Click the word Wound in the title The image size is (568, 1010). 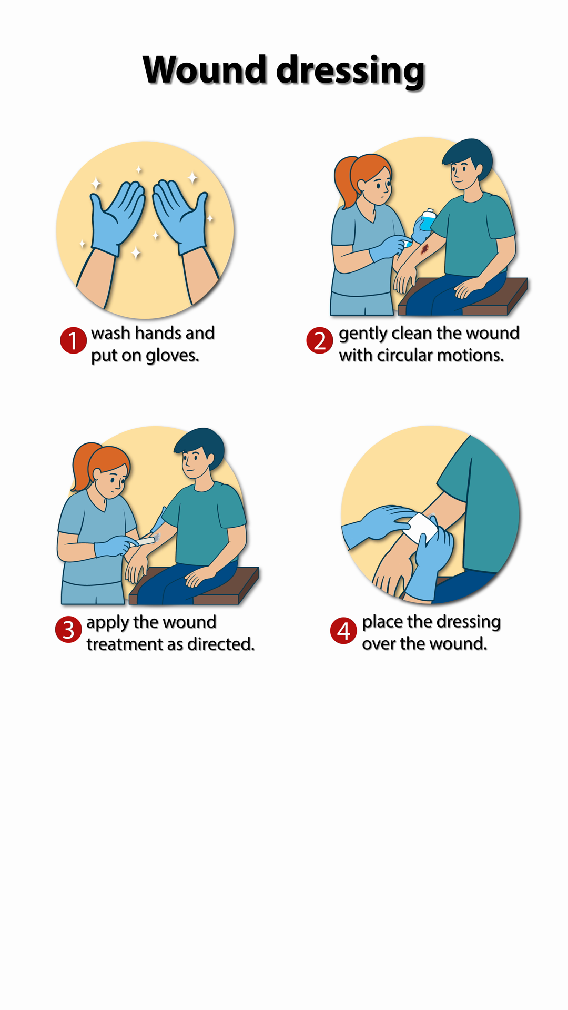[205, 69]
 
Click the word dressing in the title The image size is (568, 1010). [351, 71]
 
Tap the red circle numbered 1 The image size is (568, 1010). [73, 340]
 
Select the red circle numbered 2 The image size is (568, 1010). [320, 340]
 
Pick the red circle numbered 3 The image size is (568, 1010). [68, 630]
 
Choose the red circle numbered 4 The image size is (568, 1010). [343, 630]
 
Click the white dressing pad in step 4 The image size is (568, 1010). [420, 530]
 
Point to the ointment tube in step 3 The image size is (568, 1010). [148, 539]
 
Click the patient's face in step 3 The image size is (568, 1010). [195, 463]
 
